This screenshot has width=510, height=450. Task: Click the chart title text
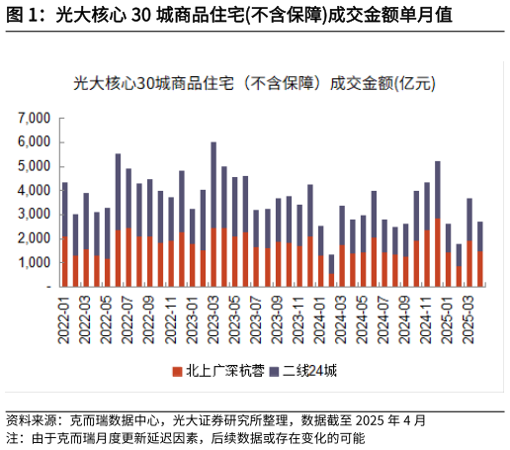(x=255, y=85)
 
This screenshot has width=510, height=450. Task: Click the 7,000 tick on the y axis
(x=34, y=118)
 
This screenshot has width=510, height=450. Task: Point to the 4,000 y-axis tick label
(x=34, y=190)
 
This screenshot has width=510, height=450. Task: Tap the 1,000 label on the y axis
(x=34, y=262)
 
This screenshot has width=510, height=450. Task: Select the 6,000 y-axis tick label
(x=34, y=141)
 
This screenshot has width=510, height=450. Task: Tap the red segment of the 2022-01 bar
(x=64, y=261)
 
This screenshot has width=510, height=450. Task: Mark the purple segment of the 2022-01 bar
(x=64, y=209)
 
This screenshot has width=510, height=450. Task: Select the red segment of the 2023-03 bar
(x=212, y=257)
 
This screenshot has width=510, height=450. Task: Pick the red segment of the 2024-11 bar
(x=427, y=258)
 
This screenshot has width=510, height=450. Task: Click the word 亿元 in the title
(x=414, y=85)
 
